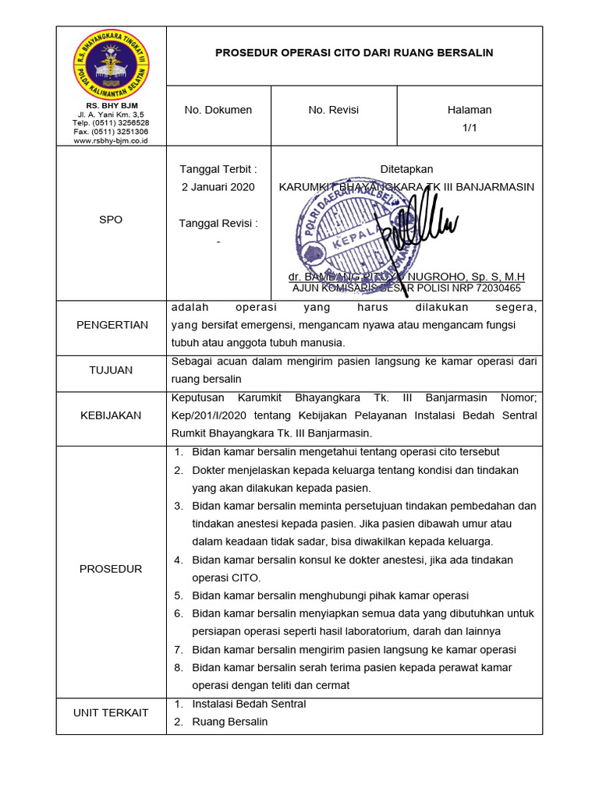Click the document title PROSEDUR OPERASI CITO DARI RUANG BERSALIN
pyautogui.click(x=354, y=53)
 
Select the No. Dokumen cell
pyautogui.click(x=218, y=110)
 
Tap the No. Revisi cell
pyautogui.click(x=333, y=110)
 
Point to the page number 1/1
pyautogui.click(x=470, y=127)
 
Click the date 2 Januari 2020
pyautogui.click(x=218, y=187)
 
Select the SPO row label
pyautogui.click(x=111, y=220)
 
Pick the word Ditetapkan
pyautogui.click(x=406, y=169)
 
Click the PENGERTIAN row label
pyautogui.click(x=112, y=325)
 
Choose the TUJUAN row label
pyautogui.click(x=111, y=370)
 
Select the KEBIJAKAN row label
pyautogui.click(x=111, y=415)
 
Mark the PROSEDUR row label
pyautogui.click(x=111, y=569)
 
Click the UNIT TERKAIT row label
pyautogui.click(x=111, y=713)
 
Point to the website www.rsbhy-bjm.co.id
pyautogui.click(x=111, y=140)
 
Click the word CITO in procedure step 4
pyautogui.click(x=246, y=577)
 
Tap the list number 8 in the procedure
pyautogui.click(x=178, y=668)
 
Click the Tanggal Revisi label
pyautogui.click(x=218, y=224)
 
